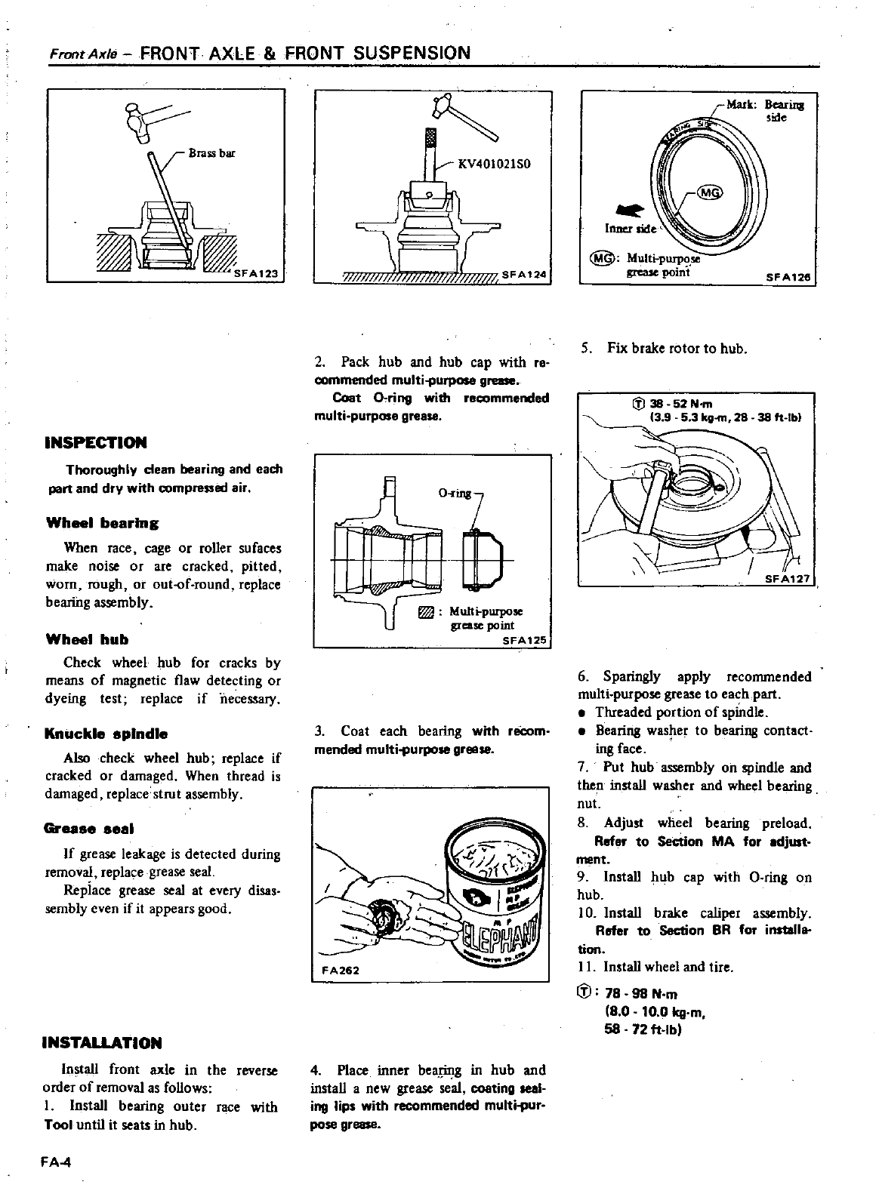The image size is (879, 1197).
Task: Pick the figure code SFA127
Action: tap(788, 580)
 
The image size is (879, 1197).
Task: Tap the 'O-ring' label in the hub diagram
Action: tap(455, 493)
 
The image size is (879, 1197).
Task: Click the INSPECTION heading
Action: tap(96, 442)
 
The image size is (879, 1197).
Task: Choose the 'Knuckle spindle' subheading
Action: tap(106, 734)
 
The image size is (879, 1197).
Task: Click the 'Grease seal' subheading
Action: tap(90, 829)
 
